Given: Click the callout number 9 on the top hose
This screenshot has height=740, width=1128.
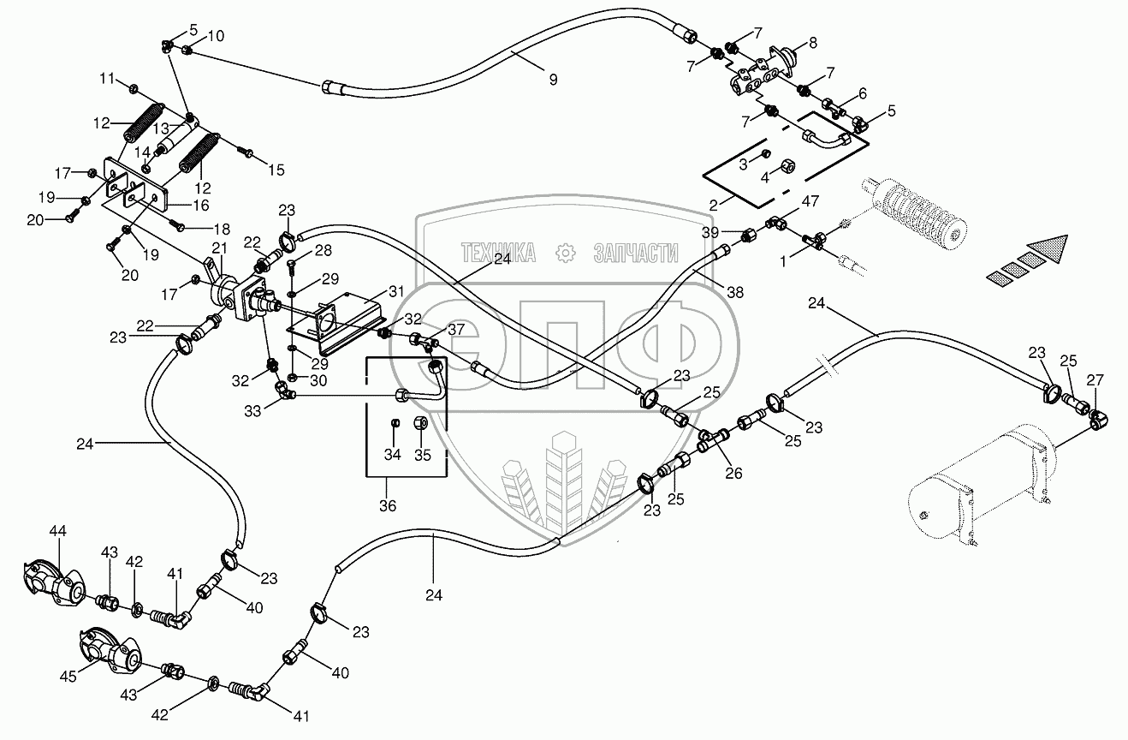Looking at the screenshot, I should [553, 79].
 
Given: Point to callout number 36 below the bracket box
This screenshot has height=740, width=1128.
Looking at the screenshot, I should [388, 506].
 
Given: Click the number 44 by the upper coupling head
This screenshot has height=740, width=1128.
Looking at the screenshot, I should [57, 533].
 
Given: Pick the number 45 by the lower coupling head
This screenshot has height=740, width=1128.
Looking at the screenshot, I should [68, 677].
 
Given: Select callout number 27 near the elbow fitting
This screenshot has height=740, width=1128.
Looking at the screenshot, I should [1095, 381].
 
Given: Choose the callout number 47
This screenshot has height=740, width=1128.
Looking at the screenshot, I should [810, 203].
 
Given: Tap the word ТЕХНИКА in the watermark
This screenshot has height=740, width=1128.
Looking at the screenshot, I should [498, 253].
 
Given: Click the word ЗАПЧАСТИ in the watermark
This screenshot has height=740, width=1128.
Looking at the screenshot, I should [635, 253].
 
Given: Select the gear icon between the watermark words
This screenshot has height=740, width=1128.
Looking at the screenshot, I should [564, 253].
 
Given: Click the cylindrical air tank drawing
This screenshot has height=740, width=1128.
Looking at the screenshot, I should [976, 488].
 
